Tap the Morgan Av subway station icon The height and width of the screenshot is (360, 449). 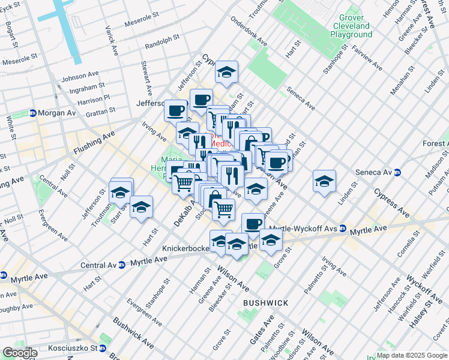point(33,113)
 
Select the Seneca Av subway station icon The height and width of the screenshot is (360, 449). point(396,172)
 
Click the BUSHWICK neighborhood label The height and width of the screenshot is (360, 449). point(266,304)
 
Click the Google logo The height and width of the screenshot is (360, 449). point(19,353)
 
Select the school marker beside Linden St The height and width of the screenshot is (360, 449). point(324,181)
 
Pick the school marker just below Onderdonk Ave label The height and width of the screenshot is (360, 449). point(226,72)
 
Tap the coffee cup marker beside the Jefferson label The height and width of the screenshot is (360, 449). point(175,110)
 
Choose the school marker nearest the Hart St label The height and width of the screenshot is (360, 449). point(141,207)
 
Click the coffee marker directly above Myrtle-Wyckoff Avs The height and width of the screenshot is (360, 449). point(253,223)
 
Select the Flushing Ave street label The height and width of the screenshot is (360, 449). point(93,143)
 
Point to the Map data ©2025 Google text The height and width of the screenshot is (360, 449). point(411,355)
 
